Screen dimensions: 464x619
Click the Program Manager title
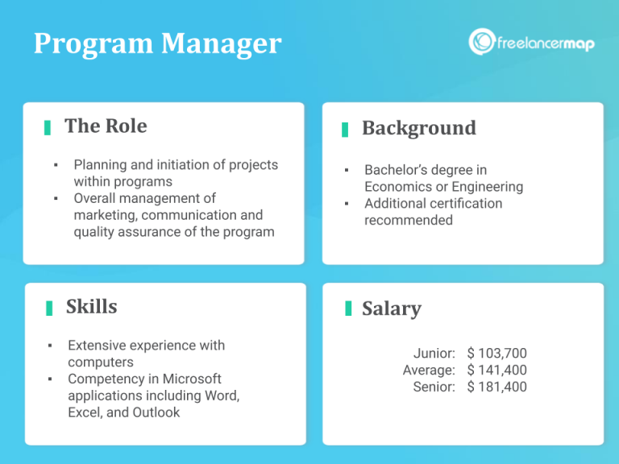(x=157, y=43)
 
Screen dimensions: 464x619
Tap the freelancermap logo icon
(x=481, y=42)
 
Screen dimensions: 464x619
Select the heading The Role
(x=106, y=126)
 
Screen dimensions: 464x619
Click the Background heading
(x=418, y=128)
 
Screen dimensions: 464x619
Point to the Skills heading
(x=91, y=307)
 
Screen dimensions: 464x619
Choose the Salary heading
(x=391, y=309)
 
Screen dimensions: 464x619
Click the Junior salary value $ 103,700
(x=496, y=354)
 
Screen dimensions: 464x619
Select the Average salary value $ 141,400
(x=496, y=371)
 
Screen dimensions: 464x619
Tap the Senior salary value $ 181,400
(x=496, y=387)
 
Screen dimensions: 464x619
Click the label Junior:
(x=434, y=354)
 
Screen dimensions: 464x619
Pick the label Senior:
(x=434, y=387)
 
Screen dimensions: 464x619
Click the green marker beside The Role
(x=48, y=127)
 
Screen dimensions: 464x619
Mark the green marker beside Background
(x=345, y=129)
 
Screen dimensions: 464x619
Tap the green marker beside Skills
(x=49, y=308)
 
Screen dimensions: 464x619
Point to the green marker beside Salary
(x=348, y=309)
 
